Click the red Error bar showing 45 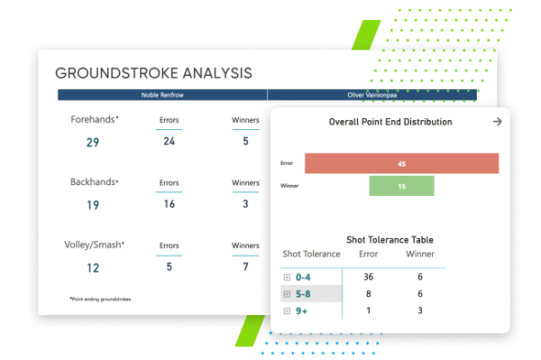pos(401,163)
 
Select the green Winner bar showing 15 pos(401,186)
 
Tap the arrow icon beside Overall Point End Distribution pos(496,122)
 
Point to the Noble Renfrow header pos(162,95)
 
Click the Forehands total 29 pos(93,142)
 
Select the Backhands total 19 pos(93,205)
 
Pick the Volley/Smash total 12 pos(93,268)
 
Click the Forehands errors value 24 pos(169,141)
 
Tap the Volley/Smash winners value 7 pos(245,267)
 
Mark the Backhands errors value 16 pos(169,204)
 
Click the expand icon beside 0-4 pos(287,278)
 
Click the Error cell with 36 pos(367,278)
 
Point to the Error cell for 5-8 pos(367,294)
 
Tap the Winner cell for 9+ pos(419,311)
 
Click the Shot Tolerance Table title pos(390,240)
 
